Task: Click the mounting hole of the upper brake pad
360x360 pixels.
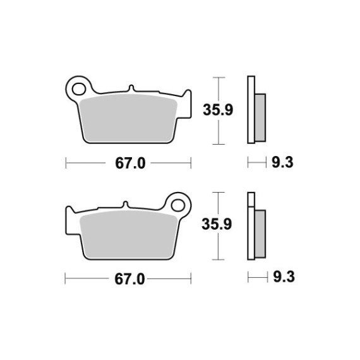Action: pos(79,89)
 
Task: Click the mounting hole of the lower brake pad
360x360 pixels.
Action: pos(178,205)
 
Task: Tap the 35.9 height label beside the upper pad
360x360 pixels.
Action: pos(218,110)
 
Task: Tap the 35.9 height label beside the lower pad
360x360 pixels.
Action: pos(217,224)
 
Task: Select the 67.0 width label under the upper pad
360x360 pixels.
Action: pos(130,163)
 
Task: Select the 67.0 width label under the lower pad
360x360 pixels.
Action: pos(129,279)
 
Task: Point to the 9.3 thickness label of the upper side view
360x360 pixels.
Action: pos(282,162)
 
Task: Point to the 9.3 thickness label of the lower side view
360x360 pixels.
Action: pos(284,277)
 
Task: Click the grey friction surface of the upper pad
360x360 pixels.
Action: pos(129,117)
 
